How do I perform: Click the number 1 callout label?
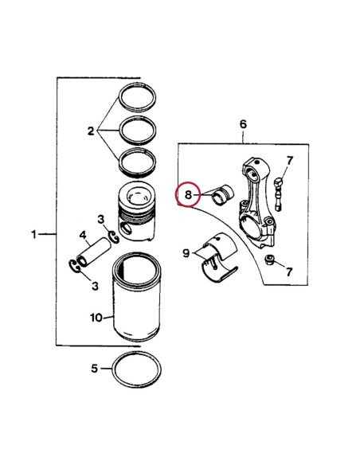click(34, 234)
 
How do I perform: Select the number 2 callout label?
click(92, 130)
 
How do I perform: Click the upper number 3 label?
click(101, 219)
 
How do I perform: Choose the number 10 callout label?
click(96, 317)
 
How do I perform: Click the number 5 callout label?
click(94, 369)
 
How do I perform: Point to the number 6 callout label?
click(243, 124)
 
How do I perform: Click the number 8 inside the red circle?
click(187, 194)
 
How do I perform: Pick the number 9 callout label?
click(185, 254)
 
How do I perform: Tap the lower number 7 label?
click(289, 272)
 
